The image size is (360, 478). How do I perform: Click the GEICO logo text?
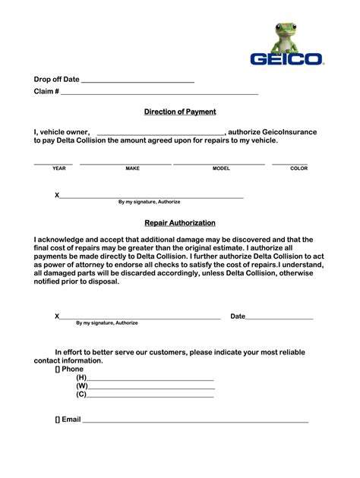tap(287, 58)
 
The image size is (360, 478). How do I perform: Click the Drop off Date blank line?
tap(137, 81)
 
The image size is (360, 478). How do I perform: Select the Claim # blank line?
tap(159, 93)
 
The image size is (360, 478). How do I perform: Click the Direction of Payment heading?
tap(180, 112)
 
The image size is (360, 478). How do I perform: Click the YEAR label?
tap(59, 168)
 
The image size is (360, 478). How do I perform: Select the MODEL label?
tap(221, 168)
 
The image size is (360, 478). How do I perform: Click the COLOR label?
tap(298, 168)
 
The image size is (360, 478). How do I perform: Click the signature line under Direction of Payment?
tap(151, 197)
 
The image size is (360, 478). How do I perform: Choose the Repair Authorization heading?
tap(180, 223)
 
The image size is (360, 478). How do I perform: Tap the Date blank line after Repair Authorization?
tap(279, 318)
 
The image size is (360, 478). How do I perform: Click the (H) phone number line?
tap(150, 379)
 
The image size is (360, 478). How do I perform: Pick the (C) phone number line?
tap(150, 396)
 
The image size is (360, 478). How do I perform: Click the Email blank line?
tap(195, 420)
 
